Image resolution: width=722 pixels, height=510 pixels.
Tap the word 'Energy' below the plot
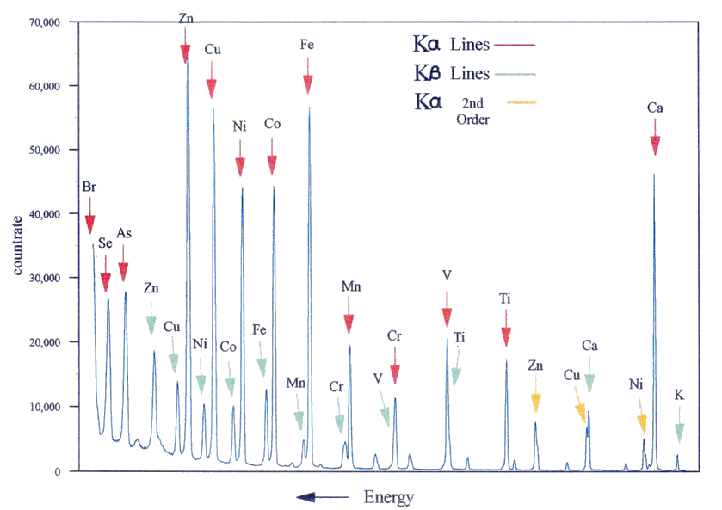[x=389, y=497]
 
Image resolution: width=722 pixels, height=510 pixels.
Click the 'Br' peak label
[x=89, y=186]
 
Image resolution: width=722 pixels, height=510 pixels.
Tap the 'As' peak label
[x=124, y=233]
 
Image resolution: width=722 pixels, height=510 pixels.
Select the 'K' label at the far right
[x=679, y=396]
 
